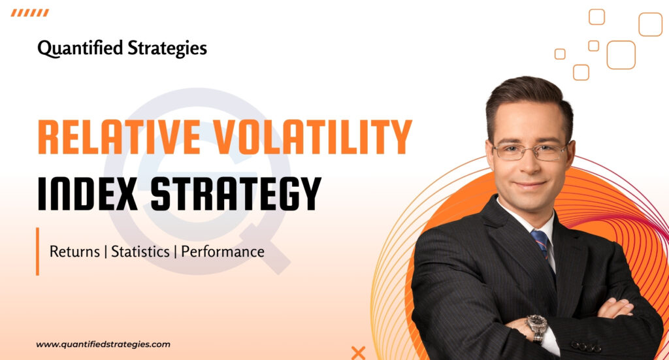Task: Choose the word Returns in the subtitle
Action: click(x=74, y=252)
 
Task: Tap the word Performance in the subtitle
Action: click(x=223, y=252)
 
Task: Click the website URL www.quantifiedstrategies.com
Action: click(x=103, y=344)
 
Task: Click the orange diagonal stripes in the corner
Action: click(x=30, y=12)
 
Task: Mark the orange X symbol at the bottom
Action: click(x=358, y=353)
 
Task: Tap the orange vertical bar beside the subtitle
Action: click(x=38, y=251)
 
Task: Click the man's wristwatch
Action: click(x=537, y=325)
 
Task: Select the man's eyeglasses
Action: click(x=530, y=151)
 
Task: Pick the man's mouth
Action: click(x=531, y=185)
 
